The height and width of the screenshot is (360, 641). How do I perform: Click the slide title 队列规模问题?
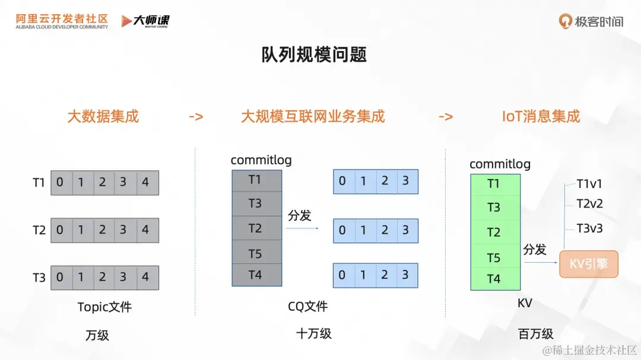coord(314,55)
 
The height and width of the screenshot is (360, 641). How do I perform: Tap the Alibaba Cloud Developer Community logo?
coord(62,21)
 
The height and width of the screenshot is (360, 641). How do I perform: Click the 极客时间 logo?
coord(591,21)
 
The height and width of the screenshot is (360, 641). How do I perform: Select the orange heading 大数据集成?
coord(103,116)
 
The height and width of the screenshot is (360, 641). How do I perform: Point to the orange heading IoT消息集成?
coord(541,116)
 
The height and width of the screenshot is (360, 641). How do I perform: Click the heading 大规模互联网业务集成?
coord(313,116)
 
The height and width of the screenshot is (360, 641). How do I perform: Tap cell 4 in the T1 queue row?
coord(145,183)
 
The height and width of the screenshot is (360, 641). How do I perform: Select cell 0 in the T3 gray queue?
coord(60,277)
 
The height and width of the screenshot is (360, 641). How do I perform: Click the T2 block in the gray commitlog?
coord(256,228)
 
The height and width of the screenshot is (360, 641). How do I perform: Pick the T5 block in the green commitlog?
coord(494,257)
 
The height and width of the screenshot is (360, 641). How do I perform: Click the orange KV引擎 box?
coord(589,264)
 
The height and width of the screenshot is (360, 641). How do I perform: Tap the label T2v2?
coord(589,203)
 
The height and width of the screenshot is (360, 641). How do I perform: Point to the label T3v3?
coord(589,228)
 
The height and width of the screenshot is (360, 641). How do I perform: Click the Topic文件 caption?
coord(104,307)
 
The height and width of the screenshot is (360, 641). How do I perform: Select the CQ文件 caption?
coord(307,307)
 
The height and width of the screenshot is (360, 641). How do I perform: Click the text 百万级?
coord(535,334)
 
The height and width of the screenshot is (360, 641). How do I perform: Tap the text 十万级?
coord(313,333)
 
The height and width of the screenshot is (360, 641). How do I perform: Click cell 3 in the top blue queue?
coord(406,181)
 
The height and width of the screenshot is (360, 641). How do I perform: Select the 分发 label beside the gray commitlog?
coord(299,215)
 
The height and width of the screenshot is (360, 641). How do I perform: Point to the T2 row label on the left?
coord(39,230)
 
